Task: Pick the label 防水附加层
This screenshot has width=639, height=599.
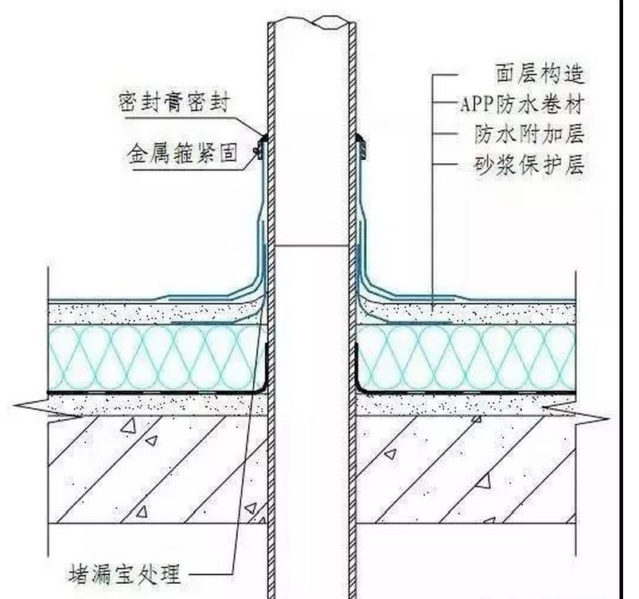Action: click(529, 134)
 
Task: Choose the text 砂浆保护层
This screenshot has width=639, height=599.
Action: click(529, 165)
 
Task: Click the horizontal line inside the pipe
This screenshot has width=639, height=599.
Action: click(312, 246)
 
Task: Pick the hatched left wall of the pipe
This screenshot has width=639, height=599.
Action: click(271, 318)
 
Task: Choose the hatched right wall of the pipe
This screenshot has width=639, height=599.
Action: click(352, 318)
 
